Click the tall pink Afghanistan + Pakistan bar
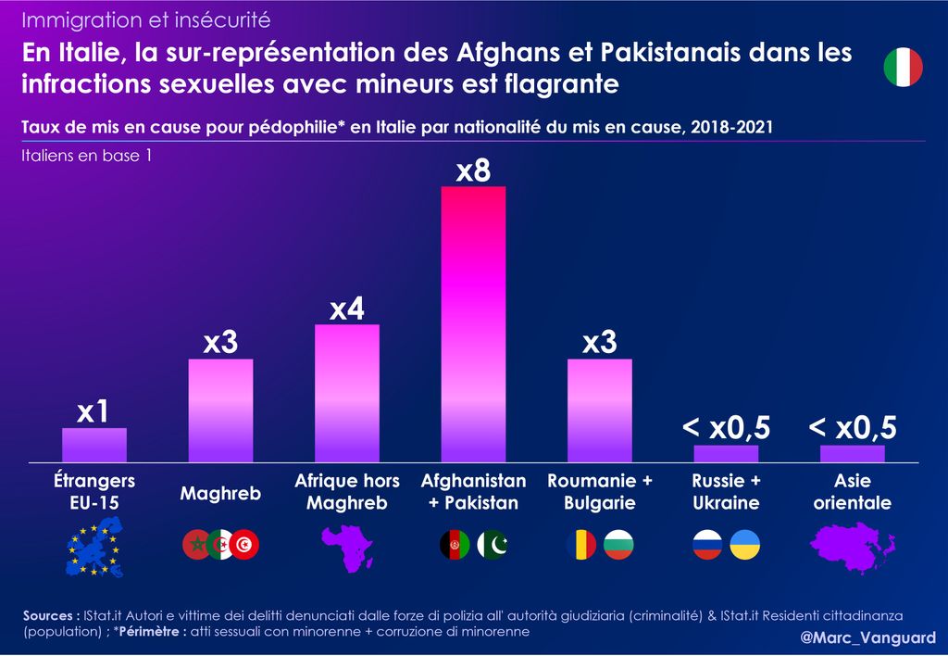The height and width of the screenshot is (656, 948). pyautogui.click(x=473, y=323)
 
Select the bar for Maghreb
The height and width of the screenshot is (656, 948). pyautogui.click(x=220, y=410)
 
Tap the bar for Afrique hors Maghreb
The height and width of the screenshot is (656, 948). pyautogui.click(x=347, y=392)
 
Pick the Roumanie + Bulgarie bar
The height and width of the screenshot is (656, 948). pyautogui.click(x=599, y=410)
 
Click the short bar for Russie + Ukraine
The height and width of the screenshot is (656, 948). pyautogui.click(x=726, y=453)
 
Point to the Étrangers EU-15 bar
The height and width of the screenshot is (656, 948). pyautogui.click(x=94, y=444)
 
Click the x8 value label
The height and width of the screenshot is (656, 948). pyautogui.click(x=473, y=171)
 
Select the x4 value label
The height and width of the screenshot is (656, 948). pyautogui.click(x=347, y=309)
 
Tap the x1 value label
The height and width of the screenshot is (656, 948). pyautogui.click(x=94, y=412)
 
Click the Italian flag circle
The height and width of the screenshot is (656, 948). pyautogui.click(x=903, y=68)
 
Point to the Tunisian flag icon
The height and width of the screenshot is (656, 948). pyautogui.click(x=245, y=545)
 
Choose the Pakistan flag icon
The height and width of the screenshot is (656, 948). pyautogui.click(x=493, y=545)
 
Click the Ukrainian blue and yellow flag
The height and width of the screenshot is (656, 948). pyautogui.click(x=744, y=545)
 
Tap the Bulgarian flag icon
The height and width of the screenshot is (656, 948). pyautogui.click(x=618, y=545)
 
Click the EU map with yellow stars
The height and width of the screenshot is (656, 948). pyautogui.click(x=94, y=547)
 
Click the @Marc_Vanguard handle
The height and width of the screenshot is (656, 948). pyautogui.click(x=867, y=638)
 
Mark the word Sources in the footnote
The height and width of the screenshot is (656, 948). pyautogui.click(x=49, y=616)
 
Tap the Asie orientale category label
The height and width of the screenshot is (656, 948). pyautogui.click(x=853, y=492)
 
